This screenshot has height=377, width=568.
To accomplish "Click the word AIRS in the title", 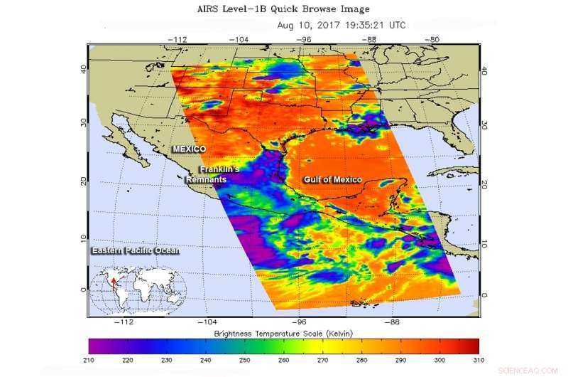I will click(209, 9).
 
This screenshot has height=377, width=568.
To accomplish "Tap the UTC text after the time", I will click(395, 25).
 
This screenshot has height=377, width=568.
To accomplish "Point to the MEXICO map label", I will click(190, 148).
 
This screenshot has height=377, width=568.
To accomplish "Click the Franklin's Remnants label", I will click(217, 175).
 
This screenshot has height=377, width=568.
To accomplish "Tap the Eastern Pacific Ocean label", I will click(135, 250).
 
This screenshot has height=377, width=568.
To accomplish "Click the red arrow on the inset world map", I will click(114, 286).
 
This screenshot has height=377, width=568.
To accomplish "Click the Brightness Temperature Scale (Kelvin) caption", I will click(283, 334).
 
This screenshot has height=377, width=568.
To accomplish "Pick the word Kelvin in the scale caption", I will click(336, 334).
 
